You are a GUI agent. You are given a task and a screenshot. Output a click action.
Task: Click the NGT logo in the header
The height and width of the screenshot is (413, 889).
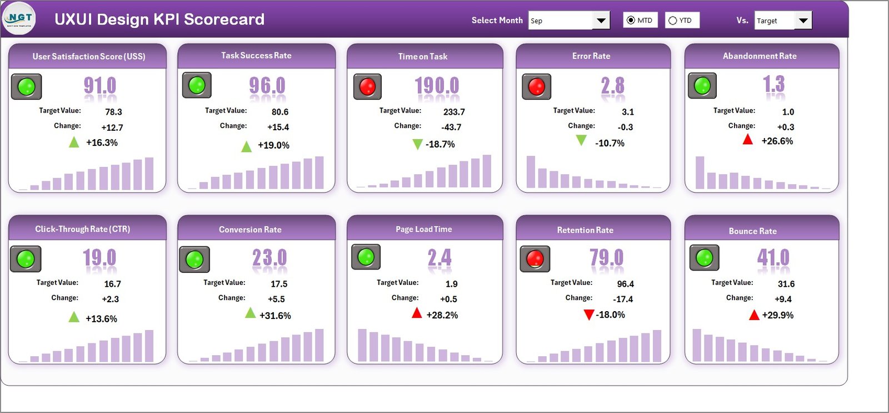(19, 18)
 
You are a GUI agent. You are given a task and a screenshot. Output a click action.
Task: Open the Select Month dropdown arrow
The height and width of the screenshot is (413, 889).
(601, 21)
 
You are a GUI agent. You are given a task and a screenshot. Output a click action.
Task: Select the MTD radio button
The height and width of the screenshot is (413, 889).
(631, 21)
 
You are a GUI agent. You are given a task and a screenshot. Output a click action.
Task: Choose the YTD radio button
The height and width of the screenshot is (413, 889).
(673, 21)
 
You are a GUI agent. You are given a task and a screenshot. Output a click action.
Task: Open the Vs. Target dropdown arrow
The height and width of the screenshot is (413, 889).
(803, 21)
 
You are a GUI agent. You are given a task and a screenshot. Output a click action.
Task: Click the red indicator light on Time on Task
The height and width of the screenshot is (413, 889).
(367, 87)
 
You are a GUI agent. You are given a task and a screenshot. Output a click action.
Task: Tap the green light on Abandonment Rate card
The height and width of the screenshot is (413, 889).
(702, 86)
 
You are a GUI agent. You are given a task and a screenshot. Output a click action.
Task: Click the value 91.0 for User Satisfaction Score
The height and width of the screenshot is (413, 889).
(100, 86)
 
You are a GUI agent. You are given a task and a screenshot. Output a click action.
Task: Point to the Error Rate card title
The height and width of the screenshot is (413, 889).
(591, 56)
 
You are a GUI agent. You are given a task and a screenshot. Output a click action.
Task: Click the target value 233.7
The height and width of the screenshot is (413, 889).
(454, 112)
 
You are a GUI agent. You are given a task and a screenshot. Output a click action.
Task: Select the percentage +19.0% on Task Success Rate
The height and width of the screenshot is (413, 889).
(273, 145)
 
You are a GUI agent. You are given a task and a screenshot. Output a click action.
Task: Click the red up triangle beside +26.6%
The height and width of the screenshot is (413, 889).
(748, 140)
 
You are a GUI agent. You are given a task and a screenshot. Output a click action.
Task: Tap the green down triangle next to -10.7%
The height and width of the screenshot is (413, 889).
(581, 141)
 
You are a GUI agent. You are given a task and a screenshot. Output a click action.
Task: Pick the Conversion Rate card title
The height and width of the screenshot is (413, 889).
(250, 229)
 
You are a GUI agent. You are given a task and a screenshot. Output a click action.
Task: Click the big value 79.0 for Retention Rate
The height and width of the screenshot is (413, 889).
(606, 258)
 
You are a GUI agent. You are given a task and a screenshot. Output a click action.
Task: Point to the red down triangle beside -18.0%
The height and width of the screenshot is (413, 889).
(589, 315)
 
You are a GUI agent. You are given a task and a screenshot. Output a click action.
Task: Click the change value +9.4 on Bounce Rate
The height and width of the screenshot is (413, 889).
(783, 299)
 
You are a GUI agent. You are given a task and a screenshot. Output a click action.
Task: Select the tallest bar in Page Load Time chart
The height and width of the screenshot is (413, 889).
(362, 345)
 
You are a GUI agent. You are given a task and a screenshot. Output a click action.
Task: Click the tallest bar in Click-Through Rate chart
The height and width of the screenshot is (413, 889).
(149, 346)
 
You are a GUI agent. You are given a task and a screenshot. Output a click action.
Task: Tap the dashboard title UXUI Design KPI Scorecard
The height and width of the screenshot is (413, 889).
(159, 19)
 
